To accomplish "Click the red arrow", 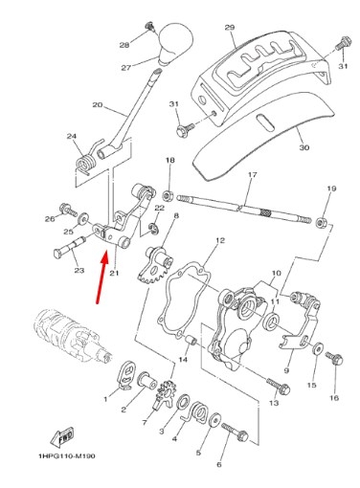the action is [x=102, y=277].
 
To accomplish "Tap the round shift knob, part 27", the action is [x=175, y=43].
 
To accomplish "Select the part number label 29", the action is [x=230, y=28].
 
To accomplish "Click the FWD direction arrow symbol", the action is [x=62, y=436].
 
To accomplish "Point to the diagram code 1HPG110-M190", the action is [x=67, y=456].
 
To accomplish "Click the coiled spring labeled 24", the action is [x=85, y=162].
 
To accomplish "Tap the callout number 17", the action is [x=252, y=175].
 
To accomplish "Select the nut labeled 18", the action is [x=168, y=195].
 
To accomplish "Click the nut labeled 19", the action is [x=321, y=222].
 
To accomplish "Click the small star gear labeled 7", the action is [x=165, y=395].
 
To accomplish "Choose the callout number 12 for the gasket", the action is [x=220, y=240].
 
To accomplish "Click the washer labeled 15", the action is [x=318, y=348].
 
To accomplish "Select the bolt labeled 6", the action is [x=235, y=432].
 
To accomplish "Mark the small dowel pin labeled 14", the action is [x=192, y=340].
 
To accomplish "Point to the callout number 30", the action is [x=304, y=147].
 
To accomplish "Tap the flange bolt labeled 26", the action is [x=68, y=209].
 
